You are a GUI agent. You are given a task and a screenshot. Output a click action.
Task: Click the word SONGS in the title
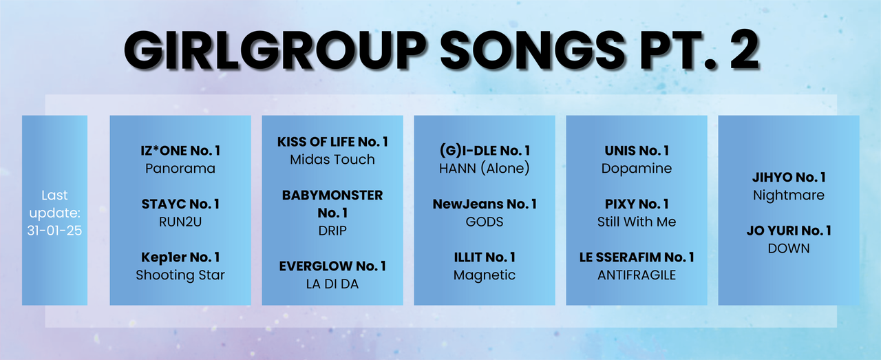[533, 50]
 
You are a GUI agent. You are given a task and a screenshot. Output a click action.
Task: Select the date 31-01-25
[54, 230]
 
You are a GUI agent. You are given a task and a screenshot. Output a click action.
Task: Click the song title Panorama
[180, 169]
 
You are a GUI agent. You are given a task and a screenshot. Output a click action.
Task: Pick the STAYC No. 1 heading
[180, 204]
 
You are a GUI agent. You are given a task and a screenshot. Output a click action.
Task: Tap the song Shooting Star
[180, 275]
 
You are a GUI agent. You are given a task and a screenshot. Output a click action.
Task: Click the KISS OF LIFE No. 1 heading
[332, 142]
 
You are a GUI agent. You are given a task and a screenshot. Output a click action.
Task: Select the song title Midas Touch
[332, 159]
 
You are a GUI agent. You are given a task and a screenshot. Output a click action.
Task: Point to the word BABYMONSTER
[332, 195]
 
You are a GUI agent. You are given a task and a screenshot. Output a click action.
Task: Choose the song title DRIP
[332, 231]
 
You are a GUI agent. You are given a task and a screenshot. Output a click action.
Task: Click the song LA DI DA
[332, 284]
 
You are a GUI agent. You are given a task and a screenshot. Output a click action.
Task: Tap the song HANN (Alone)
[484, 169]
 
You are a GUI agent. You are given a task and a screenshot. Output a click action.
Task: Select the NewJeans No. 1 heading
[484, 204]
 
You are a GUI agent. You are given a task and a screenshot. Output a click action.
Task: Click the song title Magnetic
[484, 275]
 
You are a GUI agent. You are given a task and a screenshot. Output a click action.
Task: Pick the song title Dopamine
[637, 169]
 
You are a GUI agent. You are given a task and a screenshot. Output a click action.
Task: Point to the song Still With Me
[637, 222]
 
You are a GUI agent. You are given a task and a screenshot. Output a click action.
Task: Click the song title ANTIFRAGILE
[637, 275]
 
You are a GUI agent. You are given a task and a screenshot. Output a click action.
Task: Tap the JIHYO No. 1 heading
[789, 177]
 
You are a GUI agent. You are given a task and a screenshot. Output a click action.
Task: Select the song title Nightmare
[789, 195]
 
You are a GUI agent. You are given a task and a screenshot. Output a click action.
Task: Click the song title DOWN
[789, 248]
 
